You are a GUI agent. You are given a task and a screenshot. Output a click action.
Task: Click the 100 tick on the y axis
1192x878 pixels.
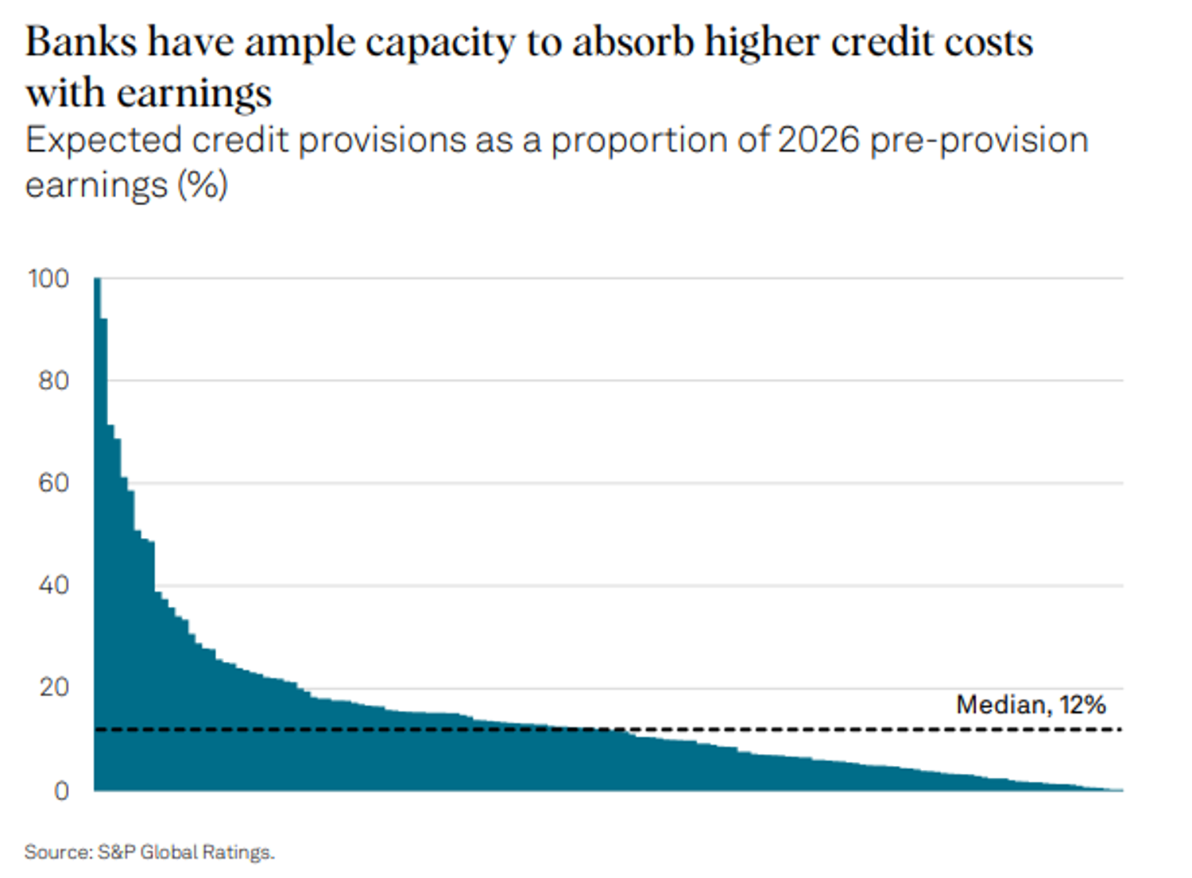48,279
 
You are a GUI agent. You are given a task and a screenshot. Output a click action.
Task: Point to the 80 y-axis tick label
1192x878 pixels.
53,381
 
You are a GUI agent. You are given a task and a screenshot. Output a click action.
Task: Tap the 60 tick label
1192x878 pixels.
53,483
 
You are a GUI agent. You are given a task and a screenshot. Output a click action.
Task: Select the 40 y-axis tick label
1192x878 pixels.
53,586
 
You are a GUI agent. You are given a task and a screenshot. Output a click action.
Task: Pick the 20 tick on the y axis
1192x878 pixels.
53,688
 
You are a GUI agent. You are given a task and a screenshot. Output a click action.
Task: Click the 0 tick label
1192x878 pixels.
61,791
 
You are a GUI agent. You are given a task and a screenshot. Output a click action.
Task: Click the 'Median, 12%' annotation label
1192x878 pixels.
1031,705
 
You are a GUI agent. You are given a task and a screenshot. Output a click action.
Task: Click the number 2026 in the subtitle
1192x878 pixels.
819,141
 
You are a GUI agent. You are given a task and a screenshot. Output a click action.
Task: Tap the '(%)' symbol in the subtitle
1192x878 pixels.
202,186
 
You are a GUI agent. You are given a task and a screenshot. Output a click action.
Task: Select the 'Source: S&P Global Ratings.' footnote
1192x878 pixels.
149,853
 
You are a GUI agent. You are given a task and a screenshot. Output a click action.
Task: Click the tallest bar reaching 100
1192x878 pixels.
97,532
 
